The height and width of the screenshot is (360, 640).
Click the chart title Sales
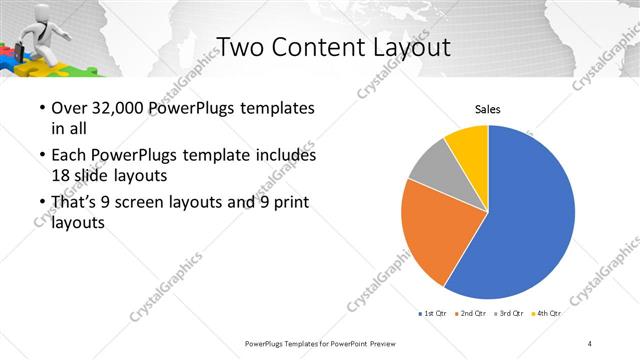pos(487,109)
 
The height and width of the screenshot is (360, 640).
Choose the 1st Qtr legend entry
pos(433,314)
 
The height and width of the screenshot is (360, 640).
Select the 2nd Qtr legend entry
pos(473,314)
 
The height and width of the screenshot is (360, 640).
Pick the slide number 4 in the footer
pos(590,343)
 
